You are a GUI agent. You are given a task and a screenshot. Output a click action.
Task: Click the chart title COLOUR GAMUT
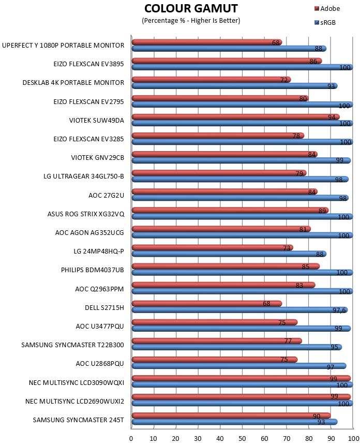click(191, 8)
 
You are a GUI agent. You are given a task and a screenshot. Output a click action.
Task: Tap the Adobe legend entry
click(327, 8)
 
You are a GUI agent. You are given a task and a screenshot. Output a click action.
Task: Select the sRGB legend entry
click(325, 22)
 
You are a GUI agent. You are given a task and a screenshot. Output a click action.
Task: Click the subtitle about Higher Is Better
click(191, 20)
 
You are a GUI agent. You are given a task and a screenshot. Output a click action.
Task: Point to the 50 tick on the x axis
click(242, 438)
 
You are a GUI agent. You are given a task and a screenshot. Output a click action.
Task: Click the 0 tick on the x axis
click(131, 438)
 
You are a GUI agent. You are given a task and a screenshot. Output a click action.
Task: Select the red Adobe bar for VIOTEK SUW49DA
click(236, 117)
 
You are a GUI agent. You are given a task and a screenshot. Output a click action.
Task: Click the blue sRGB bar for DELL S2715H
click(239, 310)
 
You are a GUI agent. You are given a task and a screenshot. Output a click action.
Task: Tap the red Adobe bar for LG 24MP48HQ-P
click(213, 247)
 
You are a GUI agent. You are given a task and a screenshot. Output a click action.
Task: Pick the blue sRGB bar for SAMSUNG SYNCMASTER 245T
click(235, 422)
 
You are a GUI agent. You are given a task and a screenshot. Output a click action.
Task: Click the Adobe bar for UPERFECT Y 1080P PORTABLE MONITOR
click(207, 42)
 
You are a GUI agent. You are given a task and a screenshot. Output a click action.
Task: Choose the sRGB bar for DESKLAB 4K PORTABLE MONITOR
click(235, 86)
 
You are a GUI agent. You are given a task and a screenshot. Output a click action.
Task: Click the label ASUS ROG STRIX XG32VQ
click(86, 214)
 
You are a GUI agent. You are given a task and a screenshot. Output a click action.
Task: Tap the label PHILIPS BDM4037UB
click(93, 270)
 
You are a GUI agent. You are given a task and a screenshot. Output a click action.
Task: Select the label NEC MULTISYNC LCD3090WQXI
click(77, 382)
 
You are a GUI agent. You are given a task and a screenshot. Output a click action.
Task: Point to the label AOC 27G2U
click(106, 195)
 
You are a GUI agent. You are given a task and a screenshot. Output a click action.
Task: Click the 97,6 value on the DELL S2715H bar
click(339, 310)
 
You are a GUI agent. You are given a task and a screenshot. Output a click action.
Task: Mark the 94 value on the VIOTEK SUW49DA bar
click(332, 117)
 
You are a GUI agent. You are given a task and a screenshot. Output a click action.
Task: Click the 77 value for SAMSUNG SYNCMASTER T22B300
click(288, 341)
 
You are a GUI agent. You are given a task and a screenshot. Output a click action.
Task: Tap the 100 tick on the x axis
click(353, 438)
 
